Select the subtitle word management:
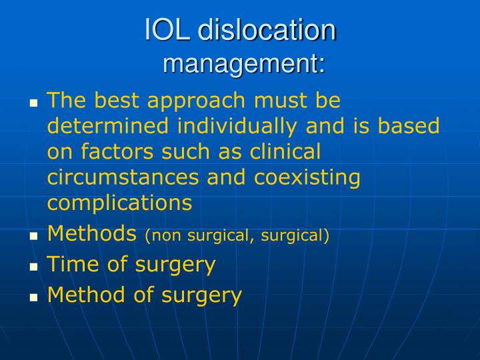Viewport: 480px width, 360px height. (244, 64)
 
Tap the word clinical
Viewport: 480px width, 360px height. (285, 152)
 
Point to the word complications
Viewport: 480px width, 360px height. (119, 203)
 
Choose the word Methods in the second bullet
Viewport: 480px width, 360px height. (92, 233)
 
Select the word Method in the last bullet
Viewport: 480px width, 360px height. (87, 295)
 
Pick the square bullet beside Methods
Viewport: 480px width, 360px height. (34, 236)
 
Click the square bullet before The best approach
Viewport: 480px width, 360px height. (34, 103)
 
